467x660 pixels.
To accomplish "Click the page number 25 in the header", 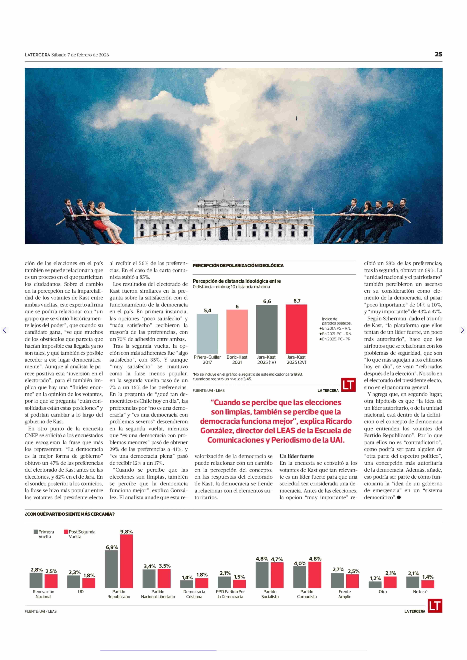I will coord(438,54).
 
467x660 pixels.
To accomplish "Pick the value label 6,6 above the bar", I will coord(267,301).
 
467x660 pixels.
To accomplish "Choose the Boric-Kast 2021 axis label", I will coord(237,359).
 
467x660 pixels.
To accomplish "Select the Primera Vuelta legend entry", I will coord(44,534).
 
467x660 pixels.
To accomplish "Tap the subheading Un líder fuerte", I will coord(296,456).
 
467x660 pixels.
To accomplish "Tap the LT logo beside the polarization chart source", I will coord(348,385).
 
